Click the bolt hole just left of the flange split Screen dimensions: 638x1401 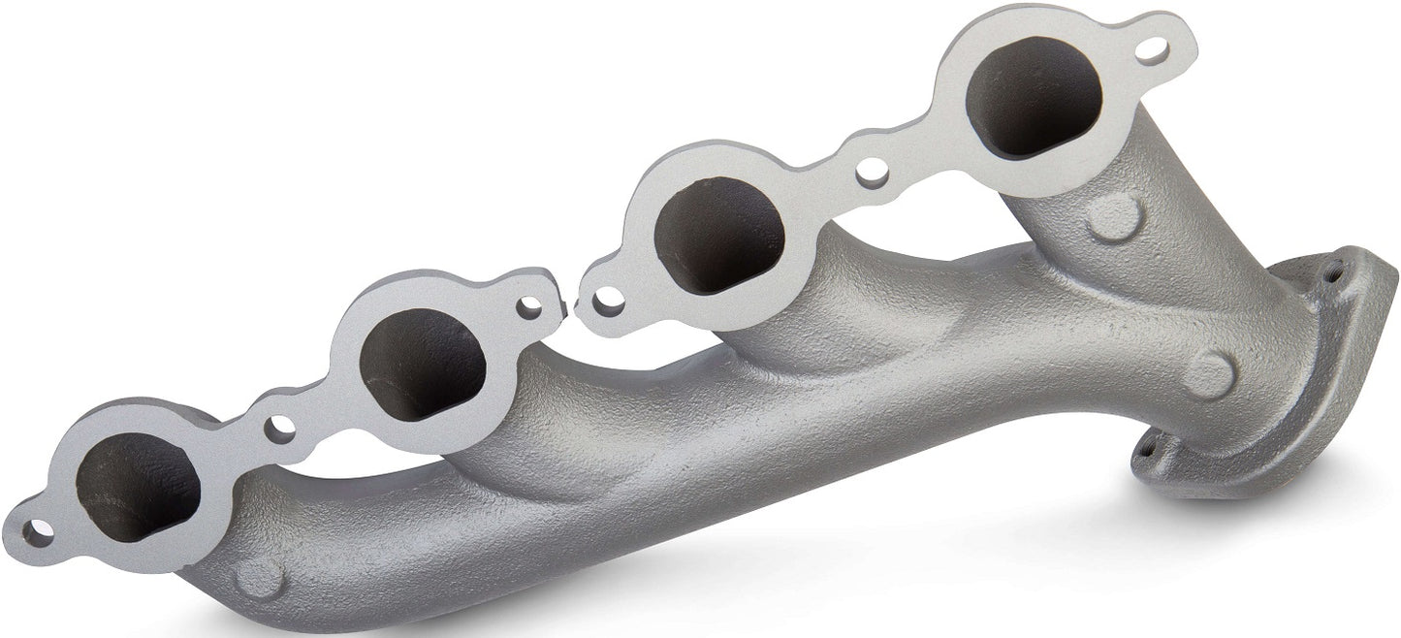(x=530, y=306)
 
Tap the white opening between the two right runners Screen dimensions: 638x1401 (x=916, y=242)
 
